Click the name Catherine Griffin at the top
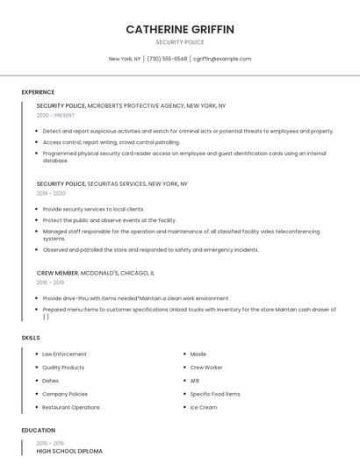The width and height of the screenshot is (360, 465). click(180, 29)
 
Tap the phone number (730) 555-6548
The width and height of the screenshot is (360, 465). click(167, 59)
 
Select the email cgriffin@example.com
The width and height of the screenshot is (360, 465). click(222, 59)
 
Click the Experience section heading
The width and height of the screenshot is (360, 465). click(38, 92)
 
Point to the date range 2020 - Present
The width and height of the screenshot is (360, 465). click(56, 115)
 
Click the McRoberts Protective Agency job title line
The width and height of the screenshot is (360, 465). click(131, 105)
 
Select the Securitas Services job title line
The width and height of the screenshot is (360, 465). click(112, 184)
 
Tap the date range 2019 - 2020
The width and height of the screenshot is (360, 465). click(51, 193)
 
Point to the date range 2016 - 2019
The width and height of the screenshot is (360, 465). click(50, 283)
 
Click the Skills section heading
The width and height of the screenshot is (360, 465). click(31, 338)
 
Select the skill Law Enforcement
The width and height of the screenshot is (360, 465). click(64, 354)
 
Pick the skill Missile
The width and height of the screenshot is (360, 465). click(198, 354)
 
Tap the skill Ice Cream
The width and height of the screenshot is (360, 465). click(204, 407)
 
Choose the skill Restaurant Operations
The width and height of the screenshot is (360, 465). click(71, 407)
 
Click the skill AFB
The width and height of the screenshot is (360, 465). click(195, 381)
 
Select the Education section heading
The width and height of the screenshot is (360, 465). click(38, 431)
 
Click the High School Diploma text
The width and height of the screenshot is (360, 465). click(69, 451)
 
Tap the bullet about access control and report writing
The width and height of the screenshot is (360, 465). click(111, 141)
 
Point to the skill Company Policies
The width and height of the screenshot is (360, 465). click(65, 394)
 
